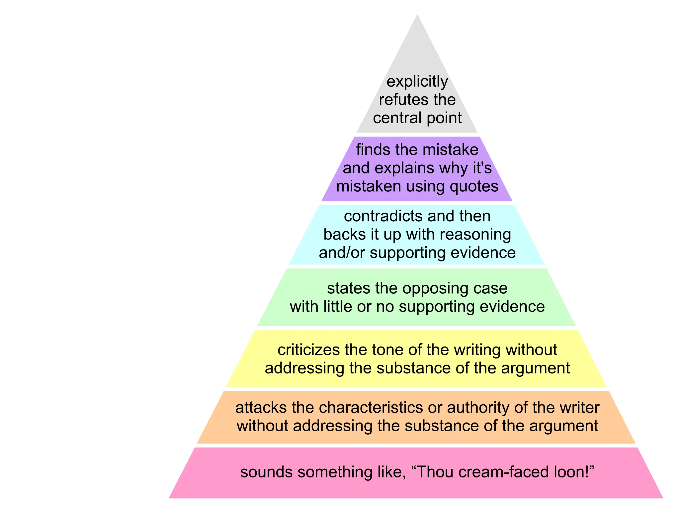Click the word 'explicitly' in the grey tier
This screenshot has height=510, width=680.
tap(417, 82)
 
